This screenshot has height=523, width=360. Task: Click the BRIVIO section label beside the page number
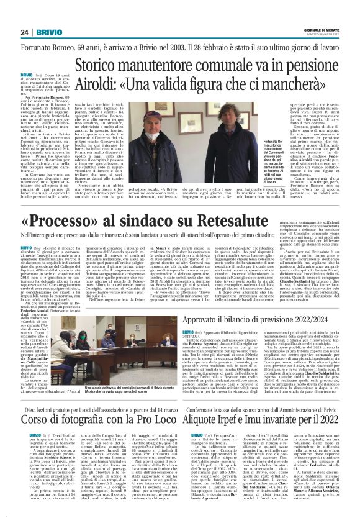(x=47, y=32)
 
